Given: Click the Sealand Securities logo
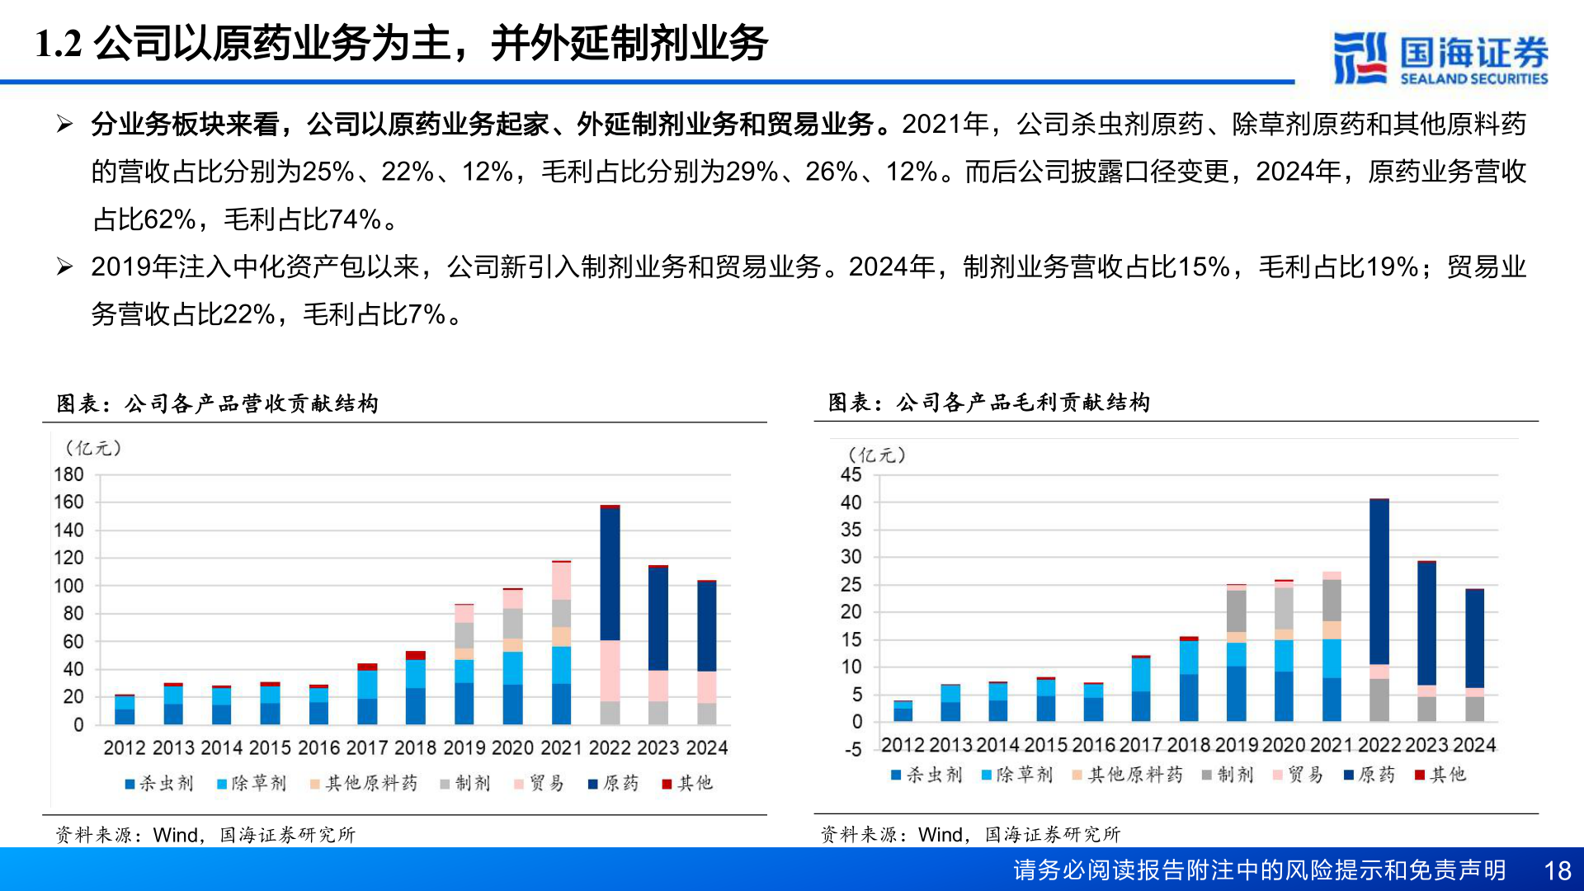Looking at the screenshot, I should point(1440,58).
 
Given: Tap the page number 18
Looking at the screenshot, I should point(1557,870).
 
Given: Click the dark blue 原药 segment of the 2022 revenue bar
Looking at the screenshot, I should point(610,573).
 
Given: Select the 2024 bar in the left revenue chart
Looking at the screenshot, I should point(706,652).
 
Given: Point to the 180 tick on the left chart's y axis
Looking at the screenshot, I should point(68,474).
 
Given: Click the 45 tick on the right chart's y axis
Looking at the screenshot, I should point(851,474).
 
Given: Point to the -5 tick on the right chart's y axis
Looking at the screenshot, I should point(852,750).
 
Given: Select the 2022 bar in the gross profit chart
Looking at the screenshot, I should point(1379,610).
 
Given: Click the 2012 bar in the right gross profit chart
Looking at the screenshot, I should point(903,711).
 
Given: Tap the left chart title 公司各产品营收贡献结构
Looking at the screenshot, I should point(251,403).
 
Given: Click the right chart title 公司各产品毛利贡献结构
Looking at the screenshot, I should point(1022,403).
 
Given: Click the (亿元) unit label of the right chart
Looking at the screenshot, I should point(876,455).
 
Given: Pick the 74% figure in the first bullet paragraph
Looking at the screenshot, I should point(354,219).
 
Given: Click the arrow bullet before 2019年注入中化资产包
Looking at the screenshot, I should point(65,266).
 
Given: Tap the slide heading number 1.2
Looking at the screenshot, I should point(59,44).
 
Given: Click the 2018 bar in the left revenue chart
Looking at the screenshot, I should point(416,689).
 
